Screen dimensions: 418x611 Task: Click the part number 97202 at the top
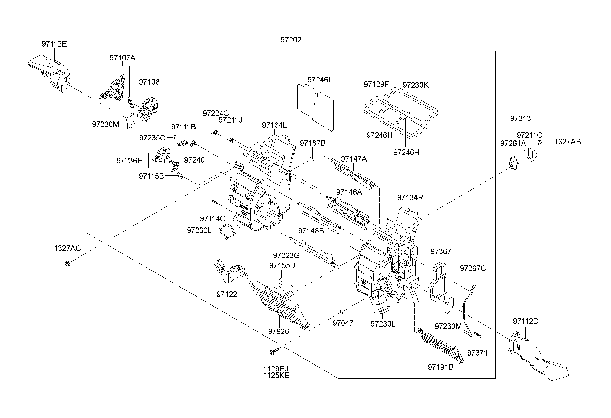tap(291, 40)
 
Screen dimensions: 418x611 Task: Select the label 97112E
tap(54, 44)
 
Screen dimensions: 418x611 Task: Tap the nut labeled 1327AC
tap(67, 264)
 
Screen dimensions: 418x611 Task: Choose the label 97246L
tap(320, 80)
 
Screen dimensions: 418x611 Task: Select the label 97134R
tap(410, 198)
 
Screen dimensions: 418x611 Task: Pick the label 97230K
tap(415, 85)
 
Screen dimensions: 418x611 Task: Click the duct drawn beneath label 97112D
tap(538, 359)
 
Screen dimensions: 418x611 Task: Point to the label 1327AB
tap(567, 142)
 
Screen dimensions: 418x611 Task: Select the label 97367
tap(441, 252)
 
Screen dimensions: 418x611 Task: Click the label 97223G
tap(286, 255)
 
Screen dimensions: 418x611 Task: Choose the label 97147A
tap(354, 159)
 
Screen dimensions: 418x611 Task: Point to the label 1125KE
tap(277, 376)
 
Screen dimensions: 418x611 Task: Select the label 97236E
tap(129, 161)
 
